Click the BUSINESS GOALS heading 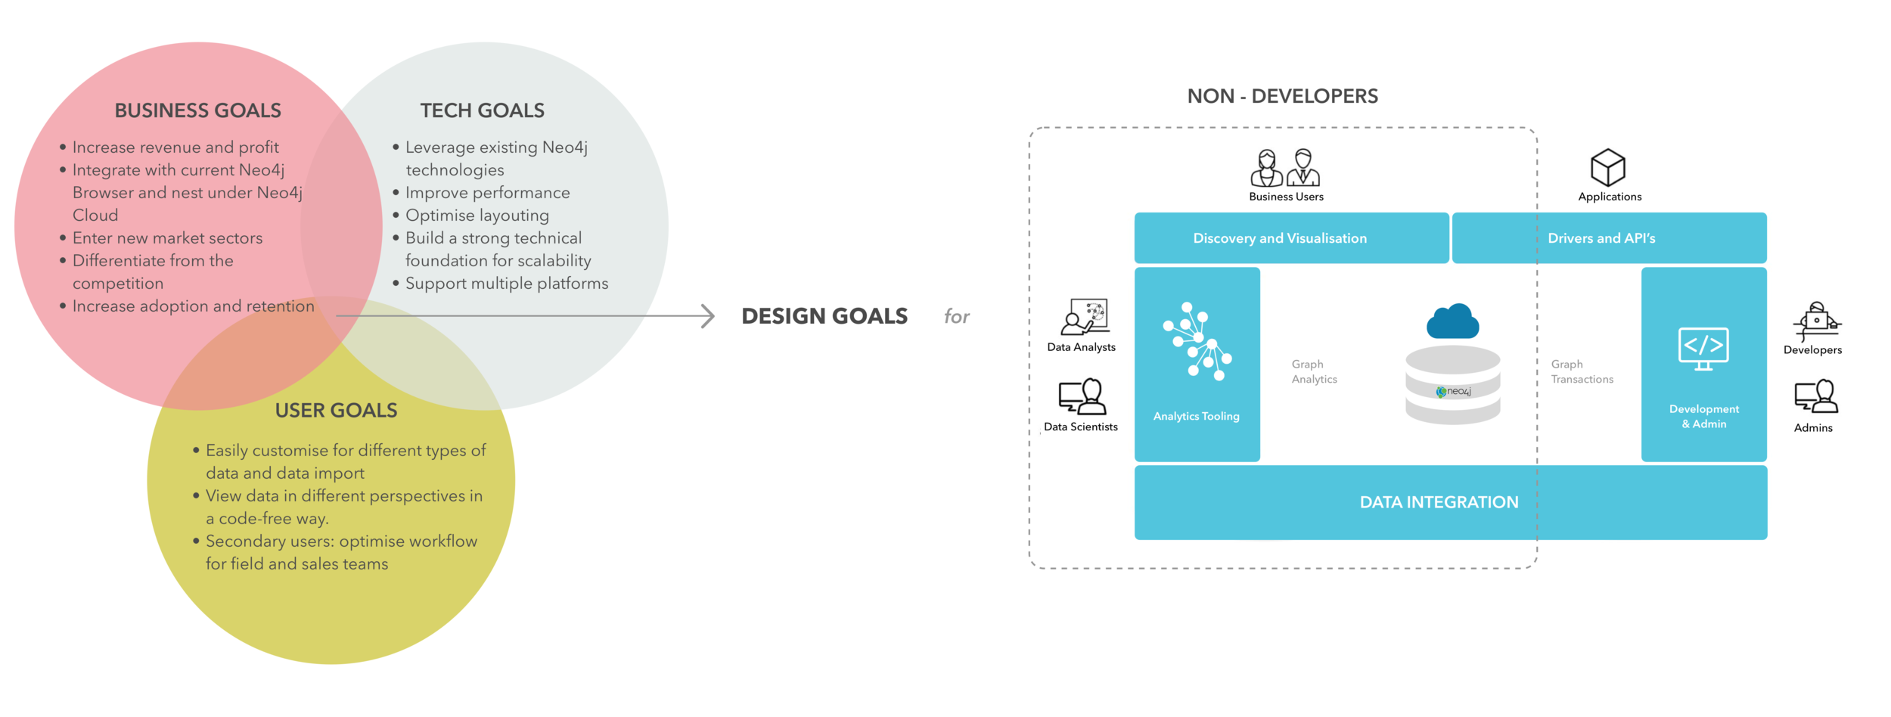(197, 110)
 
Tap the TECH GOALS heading (482, 110)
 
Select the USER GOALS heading (336, 410)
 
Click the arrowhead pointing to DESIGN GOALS (708, 316)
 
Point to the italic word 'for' (956, 316)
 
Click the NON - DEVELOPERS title (1282, 96)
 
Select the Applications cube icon (1607, 167)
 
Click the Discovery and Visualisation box (1290, 238)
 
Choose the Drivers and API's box (1608, 238)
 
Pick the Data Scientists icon (1082, 396)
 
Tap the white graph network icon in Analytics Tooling (1197, 341)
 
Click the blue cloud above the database (1452, 321)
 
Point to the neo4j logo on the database (1453, 391)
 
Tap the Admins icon (1815, 396)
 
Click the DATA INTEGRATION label (1438, 502)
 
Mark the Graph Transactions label (1581, 371)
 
